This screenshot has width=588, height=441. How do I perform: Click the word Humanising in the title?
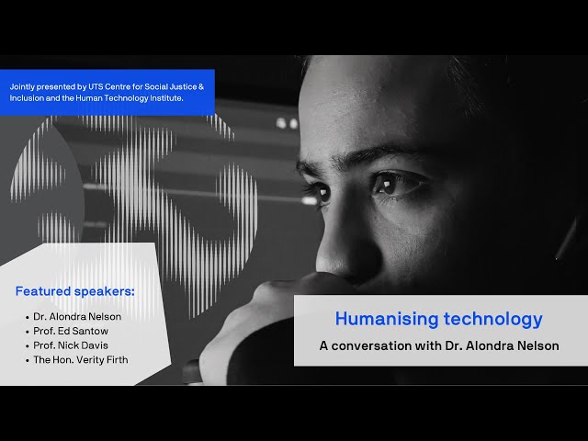pos(387,320)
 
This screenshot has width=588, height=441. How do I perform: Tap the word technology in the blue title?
pos(493,320)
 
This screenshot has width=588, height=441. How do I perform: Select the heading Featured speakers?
pos(75,291)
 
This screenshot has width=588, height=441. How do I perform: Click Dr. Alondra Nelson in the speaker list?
pos(77,316)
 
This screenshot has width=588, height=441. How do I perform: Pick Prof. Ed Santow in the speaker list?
pos(71,331)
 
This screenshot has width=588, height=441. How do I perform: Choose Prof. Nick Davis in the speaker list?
pos(71,345)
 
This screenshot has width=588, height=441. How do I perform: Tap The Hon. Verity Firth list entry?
pos(81,360)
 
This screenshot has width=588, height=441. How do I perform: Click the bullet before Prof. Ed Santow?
pos(28,332)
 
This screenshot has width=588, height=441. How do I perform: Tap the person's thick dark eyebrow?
pos(379,153)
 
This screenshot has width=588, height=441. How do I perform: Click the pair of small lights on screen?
pos(287,123)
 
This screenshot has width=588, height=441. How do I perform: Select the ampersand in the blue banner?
pos(201,86)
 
